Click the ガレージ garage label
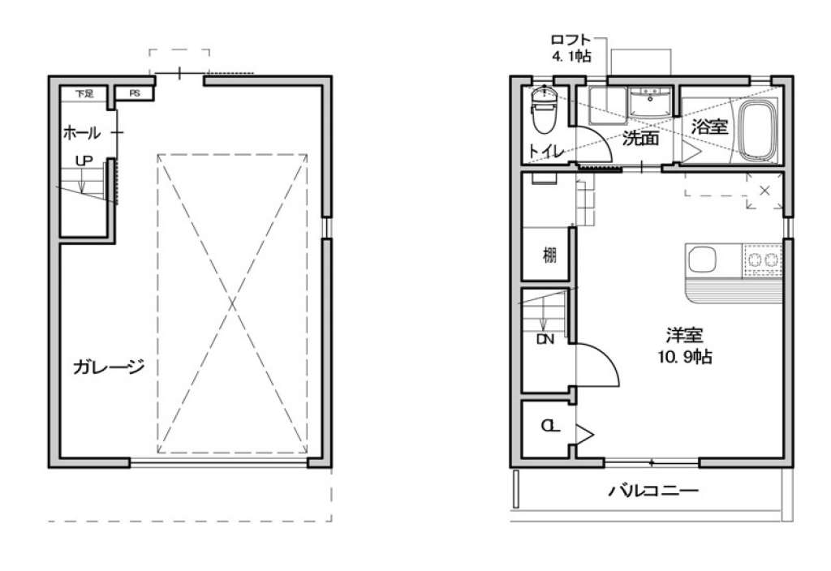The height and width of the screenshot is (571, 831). pyautogui.click(x=109, y=367)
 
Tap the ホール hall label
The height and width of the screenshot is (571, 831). pyautogui.click(x=82, y=132)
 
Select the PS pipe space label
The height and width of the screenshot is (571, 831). pyautogui.click(x=135, y=93)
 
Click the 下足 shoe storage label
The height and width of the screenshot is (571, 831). pyautogui.click(x=84, y=94)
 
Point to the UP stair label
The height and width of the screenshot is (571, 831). pyautogui.click(x=84, y=161)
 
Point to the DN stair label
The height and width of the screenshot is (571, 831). pyautogui.click(x=545, y=339)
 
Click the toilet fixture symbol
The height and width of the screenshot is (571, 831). pyautogui.click(x=545, y=109)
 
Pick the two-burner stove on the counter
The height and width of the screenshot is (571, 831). pyautogui.click(x=762, y=260)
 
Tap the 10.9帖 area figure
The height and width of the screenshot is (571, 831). pyautogui.click(x=685, y=357)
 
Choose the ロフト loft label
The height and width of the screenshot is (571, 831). pyautogui.click(x=571, y=40)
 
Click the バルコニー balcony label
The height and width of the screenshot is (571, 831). pyautogui.click(x=653, y=491)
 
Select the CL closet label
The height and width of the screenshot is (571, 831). pyautogui.click(x=550, y=426)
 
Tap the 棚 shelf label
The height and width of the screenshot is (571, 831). pyautogui.click(x=550, y=255)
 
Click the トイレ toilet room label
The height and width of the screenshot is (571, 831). pyautogui.click(x=546, y=152)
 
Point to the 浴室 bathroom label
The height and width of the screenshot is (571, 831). pyautogui.click(x=709, y=127)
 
